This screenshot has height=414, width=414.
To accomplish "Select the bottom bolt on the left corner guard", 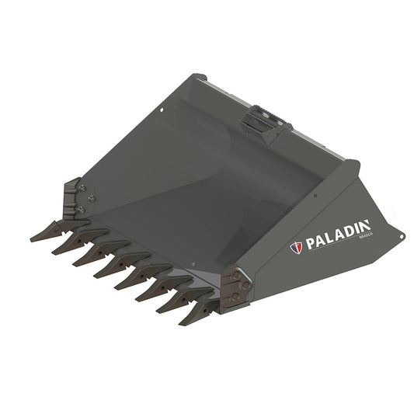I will pyautogui.click(x=80, y=210).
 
